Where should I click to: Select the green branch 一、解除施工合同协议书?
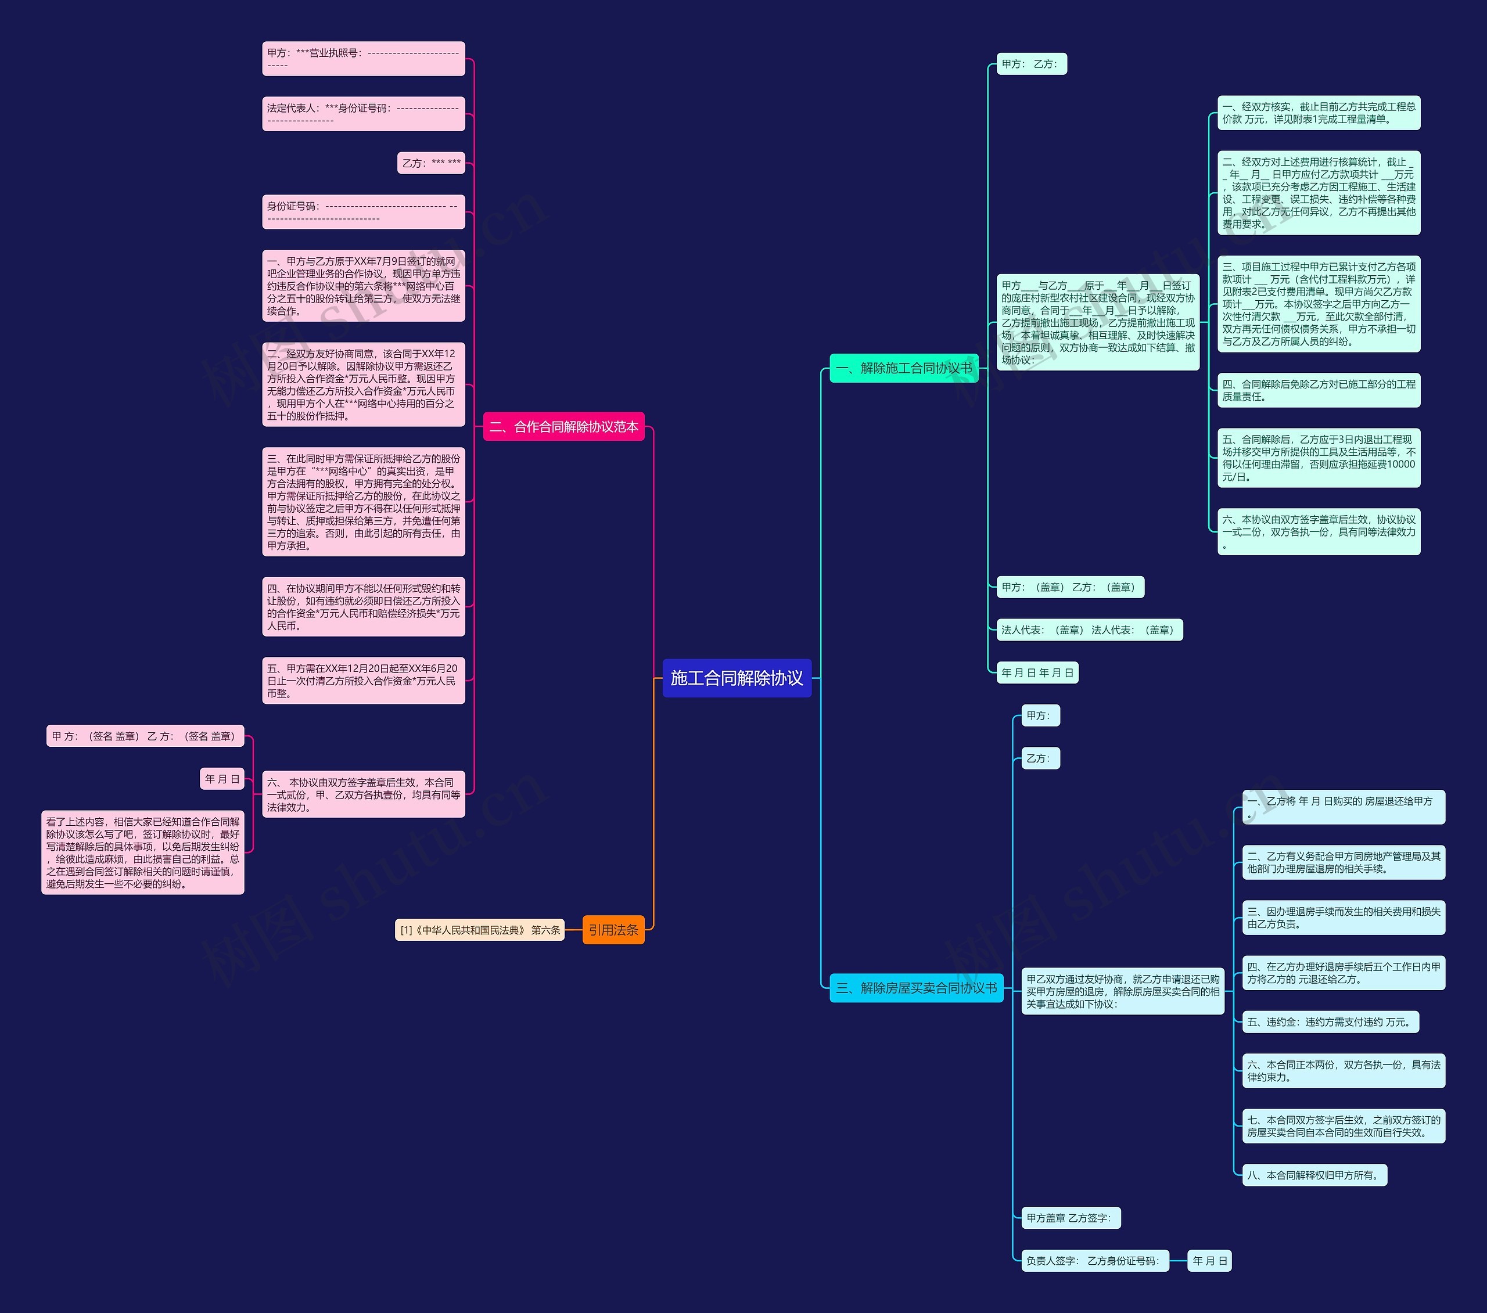pos(904,368)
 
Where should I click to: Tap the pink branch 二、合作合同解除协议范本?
pos(564,427)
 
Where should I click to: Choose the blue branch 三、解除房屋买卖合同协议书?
pos(916,988)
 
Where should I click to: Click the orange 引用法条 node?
pos(613,930)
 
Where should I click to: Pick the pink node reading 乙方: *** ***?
pos(432,163)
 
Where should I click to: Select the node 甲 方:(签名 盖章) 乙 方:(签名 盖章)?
pos(145,736)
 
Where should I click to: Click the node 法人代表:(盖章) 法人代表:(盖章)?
pos(1089,630)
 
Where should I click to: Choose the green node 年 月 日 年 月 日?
pos(1037,673)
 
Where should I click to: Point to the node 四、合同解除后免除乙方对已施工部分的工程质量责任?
pos(1318,390)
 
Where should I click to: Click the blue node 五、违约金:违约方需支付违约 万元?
pos(1329,1022)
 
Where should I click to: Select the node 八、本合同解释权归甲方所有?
pos(1314,1175)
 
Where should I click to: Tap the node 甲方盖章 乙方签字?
pos(1070,1218)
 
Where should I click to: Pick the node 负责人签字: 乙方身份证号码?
pos(1094,1261)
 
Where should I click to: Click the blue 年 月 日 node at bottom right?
pos(1209,1261)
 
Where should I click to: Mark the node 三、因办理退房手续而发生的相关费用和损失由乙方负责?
pos(1343,918)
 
